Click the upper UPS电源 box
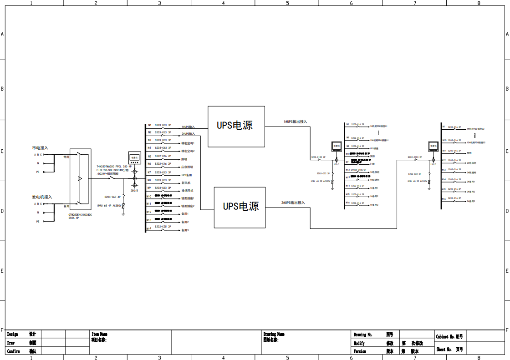(x=236, y=126)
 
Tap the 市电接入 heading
(x=40, y=148)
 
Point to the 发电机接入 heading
(x=42, y=197)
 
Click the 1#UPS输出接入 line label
(x=295, y=122)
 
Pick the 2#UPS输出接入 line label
(x=293, y=203)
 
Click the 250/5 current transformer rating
(x=134, y=191)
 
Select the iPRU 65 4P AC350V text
(x=109, y=206)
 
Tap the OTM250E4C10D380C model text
(x=80, y=214)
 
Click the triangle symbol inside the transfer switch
(x=80, y=178)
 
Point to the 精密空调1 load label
(x=188, y=143)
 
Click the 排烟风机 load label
(x=188, y=191)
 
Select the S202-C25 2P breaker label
(x=163, y=226)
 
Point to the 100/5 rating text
(x=337, y=164)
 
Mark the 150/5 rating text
(x=433, y=164)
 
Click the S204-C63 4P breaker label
(x=112, y=197)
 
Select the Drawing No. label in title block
(x=363, y=335)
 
